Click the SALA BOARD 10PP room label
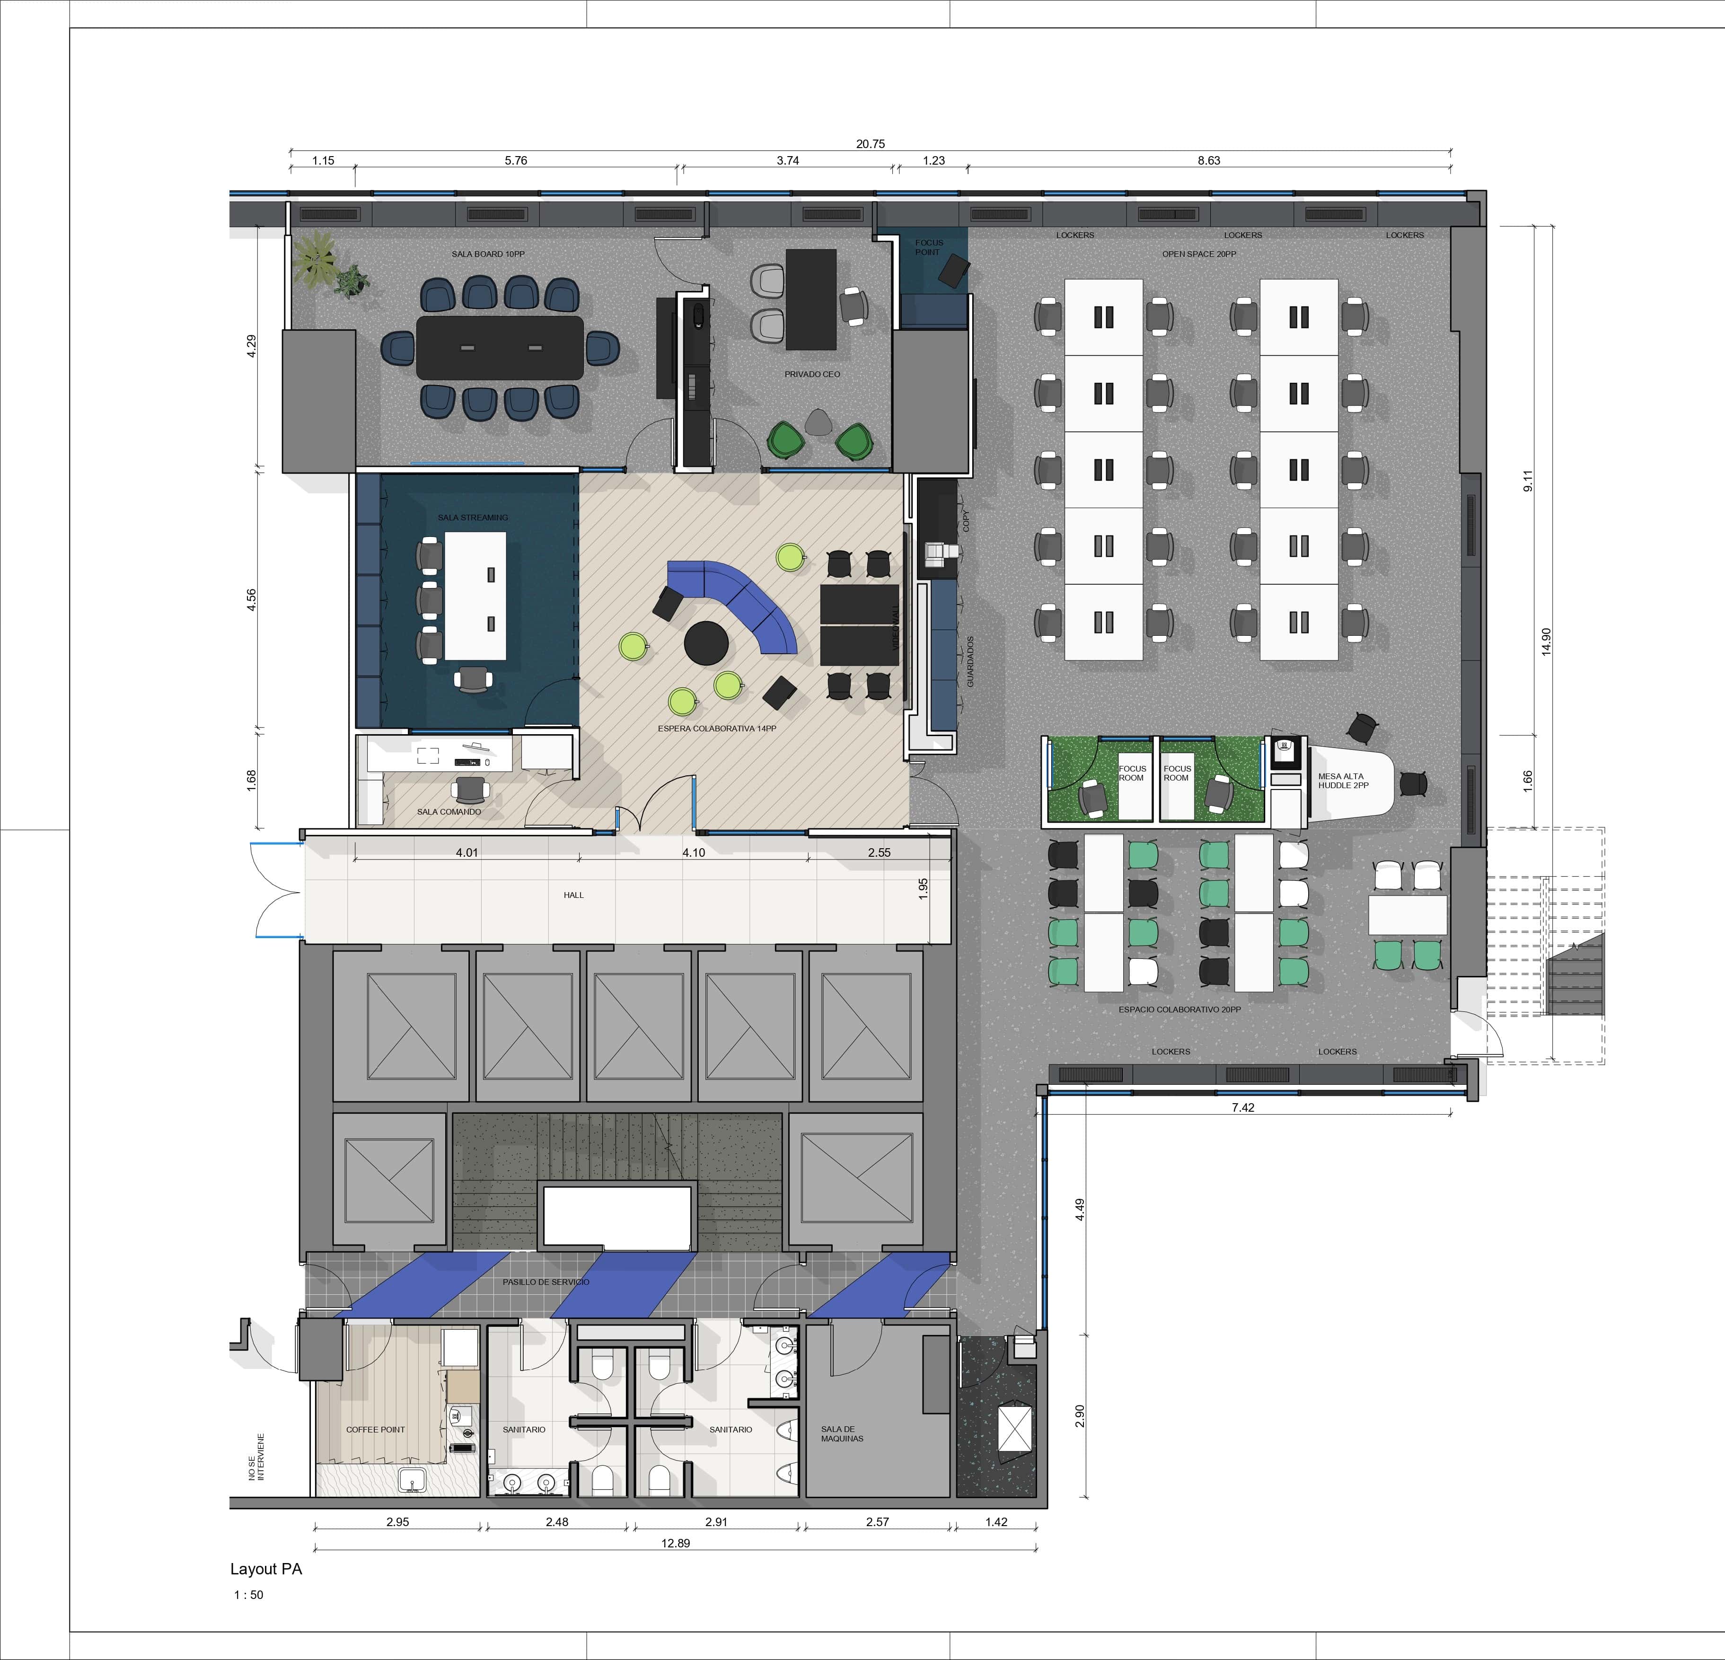(x=488, y=255)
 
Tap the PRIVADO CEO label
(x=812, y=374)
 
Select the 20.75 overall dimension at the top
(x=871, y=143)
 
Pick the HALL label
(x=574, y=895)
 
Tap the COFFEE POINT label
(x=376, y=1430)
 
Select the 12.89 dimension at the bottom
(x=676, y=1543)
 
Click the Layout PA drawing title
(x=266, y=1569)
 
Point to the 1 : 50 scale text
(x=248, y=1595)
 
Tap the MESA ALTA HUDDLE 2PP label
(x=1343, y=781)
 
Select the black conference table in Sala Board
(x=500, y=348)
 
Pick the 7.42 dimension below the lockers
(x=1243, y=1107)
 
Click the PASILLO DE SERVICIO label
(x=546, y=1282)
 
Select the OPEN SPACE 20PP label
(x=1199, y=255)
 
